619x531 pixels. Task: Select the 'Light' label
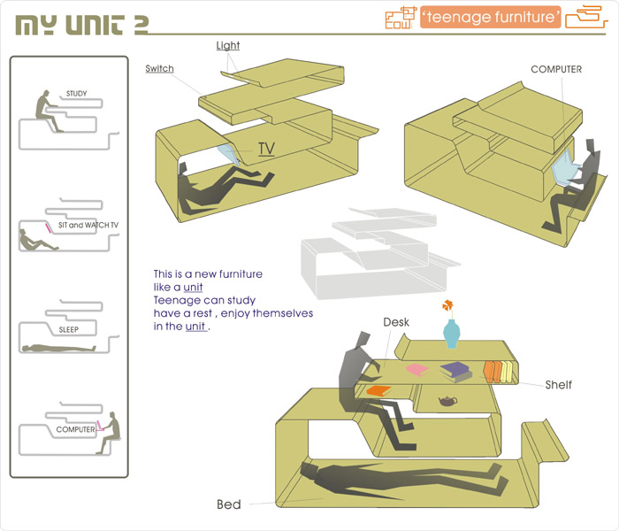pyautogui.click(x=228, y=46)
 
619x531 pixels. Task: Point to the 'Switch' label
pyautogui.click(x=160, y=69)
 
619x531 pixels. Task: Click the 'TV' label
pyautogui.click(x=266, y=149)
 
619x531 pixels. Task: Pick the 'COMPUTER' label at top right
pyautogui.click(x=555, y=69)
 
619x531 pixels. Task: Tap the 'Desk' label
pyautogui.click(x=395, y=322)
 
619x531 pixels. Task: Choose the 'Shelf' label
pyautogui.click(x=558, y=384)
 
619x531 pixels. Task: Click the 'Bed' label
pyautogui.click(x=229, y=505)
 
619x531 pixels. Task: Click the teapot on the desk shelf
pyautogui.click(x=447, y=401)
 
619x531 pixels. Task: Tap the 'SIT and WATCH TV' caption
pyautogui.click(x=88, y=227)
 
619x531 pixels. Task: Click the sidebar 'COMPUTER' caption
pyautogui.click(x=75, y=429)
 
